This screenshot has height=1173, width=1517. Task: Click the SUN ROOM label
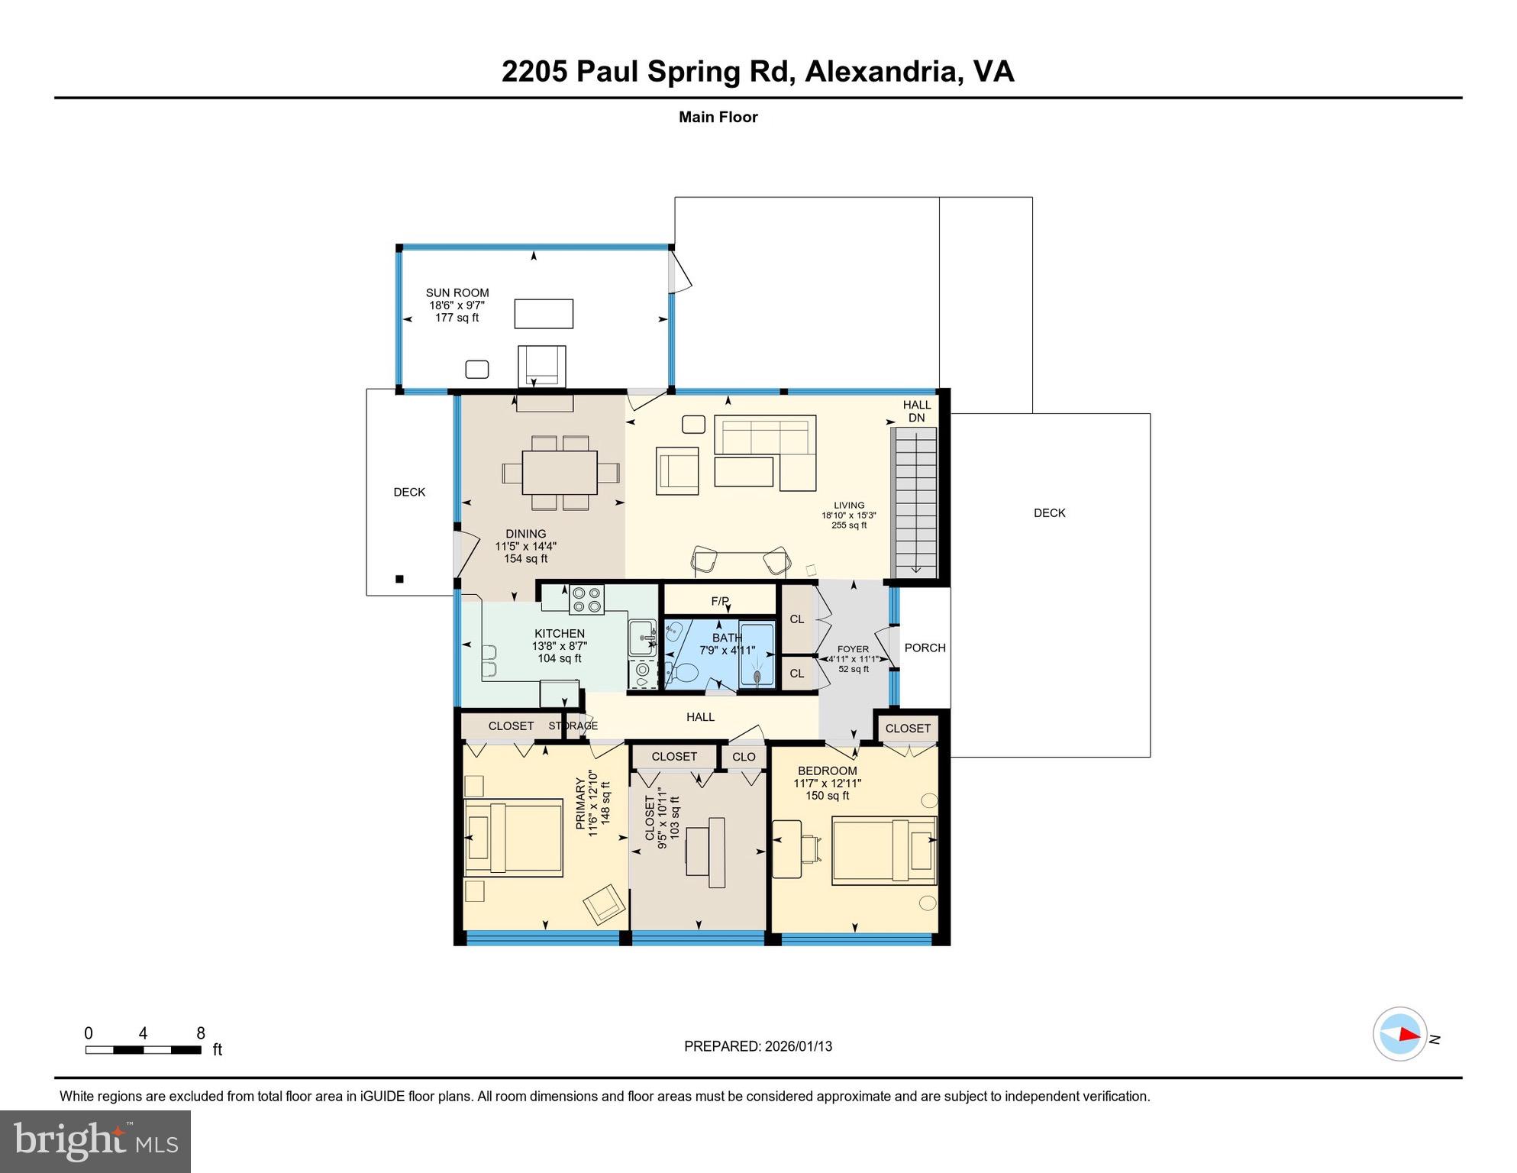click(457, 292)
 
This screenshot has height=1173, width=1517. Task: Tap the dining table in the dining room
click(560, 473)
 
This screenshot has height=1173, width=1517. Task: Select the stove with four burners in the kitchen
click(586, 599)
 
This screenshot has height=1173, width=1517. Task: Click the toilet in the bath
click(683, 674)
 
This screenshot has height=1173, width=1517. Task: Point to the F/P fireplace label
click(719, 601)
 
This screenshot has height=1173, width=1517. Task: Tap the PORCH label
click(925, 648)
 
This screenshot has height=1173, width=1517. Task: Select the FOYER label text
click(853, 649)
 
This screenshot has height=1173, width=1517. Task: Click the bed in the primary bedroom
click(513, 838)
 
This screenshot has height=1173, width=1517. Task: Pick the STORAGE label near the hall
click(573, 725)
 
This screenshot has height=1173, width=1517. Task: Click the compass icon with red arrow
click(1399, 1034)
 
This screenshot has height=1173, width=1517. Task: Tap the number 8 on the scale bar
click(201, 1033)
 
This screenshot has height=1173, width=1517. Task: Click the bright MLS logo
click(95, 1141)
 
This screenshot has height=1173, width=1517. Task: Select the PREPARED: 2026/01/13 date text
click(757, 1046)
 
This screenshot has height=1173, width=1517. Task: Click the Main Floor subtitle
click(718, 117)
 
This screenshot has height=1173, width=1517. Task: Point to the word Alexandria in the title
click(880, 71)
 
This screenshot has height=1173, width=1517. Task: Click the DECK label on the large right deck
click(1049, 513)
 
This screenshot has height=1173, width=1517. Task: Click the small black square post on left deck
click(399, 579)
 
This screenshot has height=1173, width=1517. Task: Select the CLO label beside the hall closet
click(744, 757)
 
